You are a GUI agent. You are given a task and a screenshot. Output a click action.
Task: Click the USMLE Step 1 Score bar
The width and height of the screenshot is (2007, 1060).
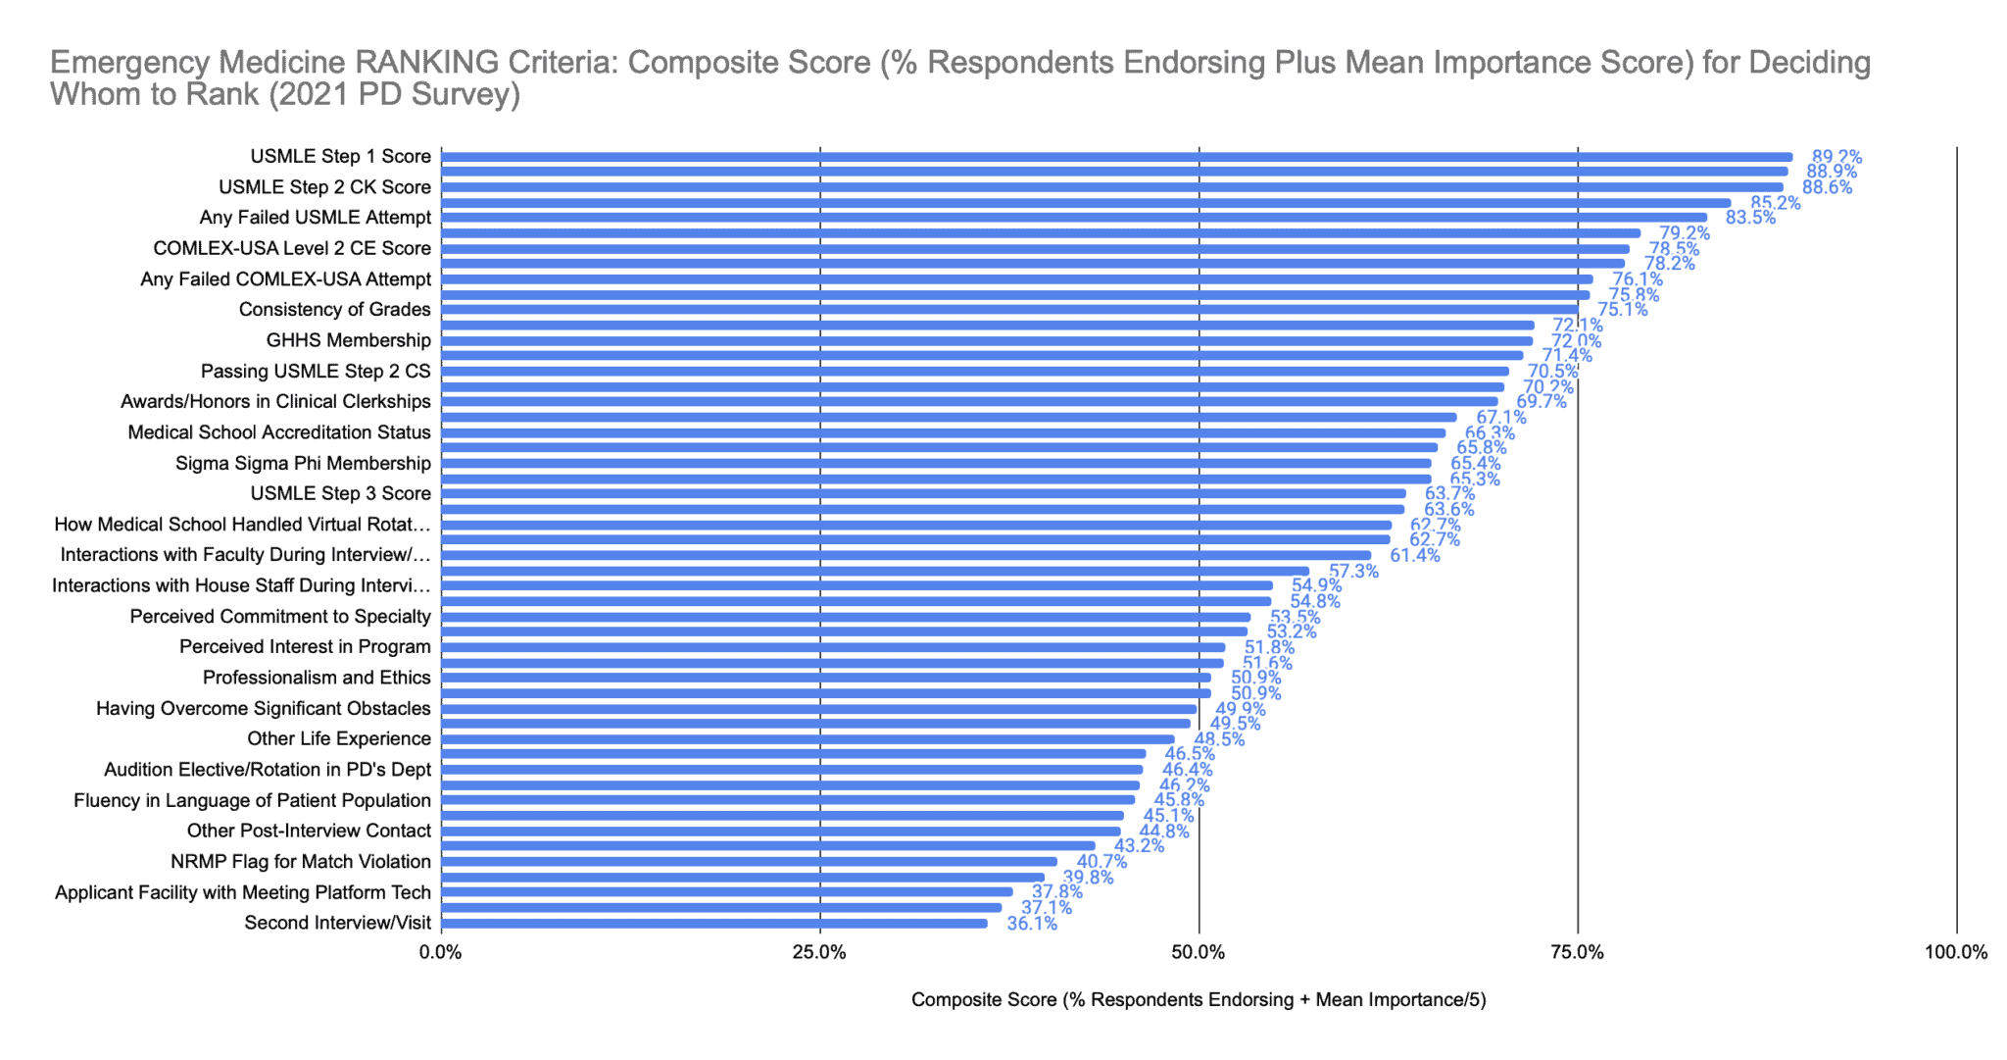(x=1116, y=157)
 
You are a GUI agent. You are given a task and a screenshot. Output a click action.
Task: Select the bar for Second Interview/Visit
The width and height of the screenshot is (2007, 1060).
(x=714, y=924)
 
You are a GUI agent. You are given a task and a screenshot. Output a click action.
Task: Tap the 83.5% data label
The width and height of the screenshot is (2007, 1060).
(x=1750, y=218)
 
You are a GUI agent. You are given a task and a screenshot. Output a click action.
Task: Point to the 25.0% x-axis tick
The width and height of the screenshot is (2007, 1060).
(x=819, y=952)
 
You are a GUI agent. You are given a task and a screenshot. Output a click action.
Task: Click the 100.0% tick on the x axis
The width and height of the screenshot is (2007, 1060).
(x=1956, y=952)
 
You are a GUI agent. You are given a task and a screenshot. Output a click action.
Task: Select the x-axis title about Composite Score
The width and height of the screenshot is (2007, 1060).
(x=1199, y=1000)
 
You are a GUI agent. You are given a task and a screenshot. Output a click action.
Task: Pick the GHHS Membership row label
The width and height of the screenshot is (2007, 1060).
(x=348, y=341)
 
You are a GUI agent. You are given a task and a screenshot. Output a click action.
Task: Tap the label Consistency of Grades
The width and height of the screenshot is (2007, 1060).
(x=334, y=310)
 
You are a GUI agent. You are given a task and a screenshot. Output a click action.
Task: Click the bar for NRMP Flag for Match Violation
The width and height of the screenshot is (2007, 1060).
(x=749, y=862)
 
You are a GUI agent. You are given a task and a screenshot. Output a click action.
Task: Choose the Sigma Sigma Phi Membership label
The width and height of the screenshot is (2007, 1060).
(x=303, y=464)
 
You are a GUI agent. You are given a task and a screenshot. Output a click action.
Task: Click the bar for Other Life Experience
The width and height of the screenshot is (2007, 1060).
(x=808, y=739)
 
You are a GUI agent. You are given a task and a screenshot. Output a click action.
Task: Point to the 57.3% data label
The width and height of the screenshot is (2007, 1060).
(x=1352, y=571)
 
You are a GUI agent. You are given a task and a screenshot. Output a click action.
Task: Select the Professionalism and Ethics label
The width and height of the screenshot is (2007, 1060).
(x=317, y=678)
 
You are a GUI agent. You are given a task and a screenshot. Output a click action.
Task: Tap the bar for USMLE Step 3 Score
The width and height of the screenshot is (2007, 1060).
(x=923, y=494)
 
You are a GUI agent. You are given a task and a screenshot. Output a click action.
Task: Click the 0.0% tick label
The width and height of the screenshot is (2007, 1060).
(x=441, y=952)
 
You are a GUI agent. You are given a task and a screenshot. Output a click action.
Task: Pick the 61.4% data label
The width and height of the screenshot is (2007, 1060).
(x=1414, y=556)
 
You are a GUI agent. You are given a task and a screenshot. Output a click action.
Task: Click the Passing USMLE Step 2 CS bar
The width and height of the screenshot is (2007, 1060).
(x=975, y=372)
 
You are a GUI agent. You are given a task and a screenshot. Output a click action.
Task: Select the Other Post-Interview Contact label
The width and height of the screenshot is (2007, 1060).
(x=309, y=832)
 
